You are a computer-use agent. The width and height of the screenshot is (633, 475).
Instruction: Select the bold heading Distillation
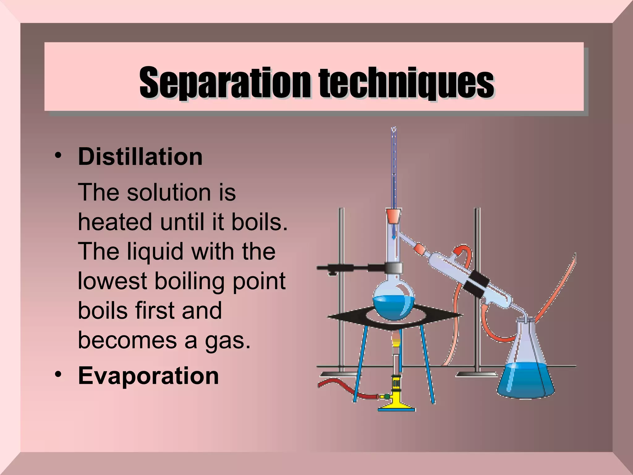[140, 157]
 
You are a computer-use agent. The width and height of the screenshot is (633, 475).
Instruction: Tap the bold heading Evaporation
[148, 376]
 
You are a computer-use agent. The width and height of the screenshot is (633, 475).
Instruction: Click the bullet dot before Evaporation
[58, 374]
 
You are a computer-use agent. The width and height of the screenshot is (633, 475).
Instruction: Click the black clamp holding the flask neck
[393, 267]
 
